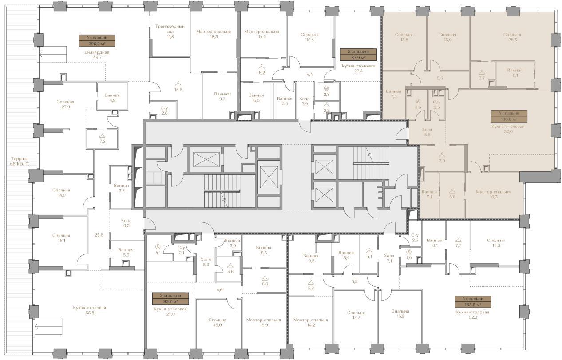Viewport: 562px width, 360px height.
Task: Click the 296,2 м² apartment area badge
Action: [x=97, y=41]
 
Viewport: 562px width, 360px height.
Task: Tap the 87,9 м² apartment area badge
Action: [x=358, y=55]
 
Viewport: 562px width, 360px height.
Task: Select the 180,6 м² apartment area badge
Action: [x=509, y=116]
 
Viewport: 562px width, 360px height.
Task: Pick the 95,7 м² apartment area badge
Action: [x=170, y=299]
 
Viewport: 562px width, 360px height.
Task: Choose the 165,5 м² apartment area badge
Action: [x=473, y=302]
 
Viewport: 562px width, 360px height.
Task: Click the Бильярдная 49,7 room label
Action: [x=97, y=55]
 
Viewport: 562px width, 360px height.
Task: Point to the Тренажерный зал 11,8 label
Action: [x=170, y=32]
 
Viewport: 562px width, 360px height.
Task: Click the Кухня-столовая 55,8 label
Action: [x=90, y=310]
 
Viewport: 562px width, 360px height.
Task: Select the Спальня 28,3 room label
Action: [x=512, y=37]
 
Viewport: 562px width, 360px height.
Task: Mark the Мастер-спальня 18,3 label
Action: [x=214, y=34]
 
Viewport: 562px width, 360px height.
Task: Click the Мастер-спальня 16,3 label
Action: [x=493, y=194]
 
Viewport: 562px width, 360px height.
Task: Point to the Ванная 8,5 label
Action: [x=263, y=250]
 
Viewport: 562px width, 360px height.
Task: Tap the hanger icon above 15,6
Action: [x=178, y=83]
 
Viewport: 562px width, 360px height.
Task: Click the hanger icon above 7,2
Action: [x=103, y=135]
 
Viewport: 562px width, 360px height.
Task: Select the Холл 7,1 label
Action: [x=389, y=258]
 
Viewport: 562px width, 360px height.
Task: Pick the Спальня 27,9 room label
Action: [x=65, y=104]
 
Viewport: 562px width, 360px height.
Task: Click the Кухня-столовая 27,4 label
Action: [x=358, y=68]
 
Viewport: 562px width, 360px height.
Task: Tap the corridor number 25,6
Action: [x=99, y=235]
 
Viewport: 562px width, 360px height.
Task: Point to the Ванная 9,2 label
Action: [x=311, y=258]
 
